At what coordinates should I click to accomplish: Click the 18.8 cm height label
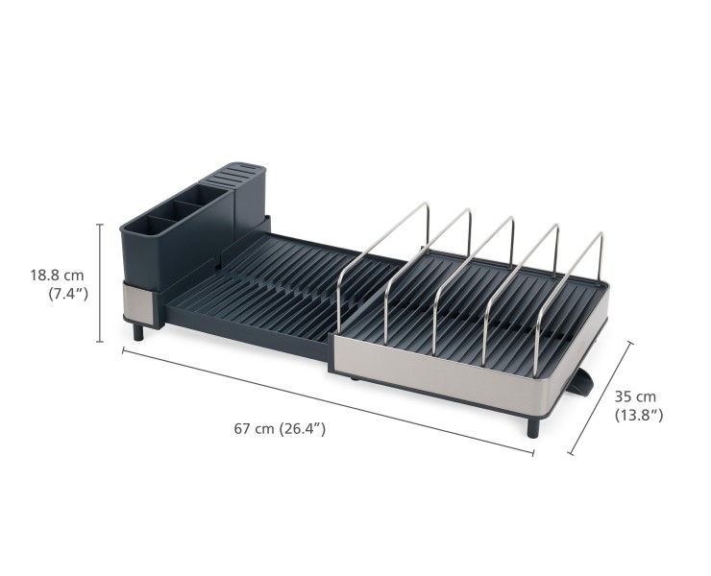(57, 275)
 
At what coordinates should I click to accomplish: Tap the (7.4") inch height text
(68, 294)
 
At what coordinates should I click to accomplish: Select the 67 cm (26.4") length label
(280, 428)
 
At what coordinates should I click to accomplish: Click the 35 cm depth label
(635, 396)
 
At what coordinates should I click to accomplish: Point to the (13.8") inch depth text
(638, 416)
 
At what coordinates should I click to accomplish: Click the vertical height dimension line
(101, 282)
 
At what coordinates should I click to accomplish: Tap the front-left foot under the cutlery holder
(137, 332)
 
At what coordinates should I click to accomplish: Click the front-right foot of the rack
(532, 425)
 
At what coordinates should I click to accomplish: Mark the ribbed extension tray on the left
(259, 288)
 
